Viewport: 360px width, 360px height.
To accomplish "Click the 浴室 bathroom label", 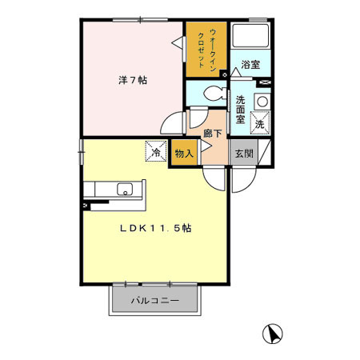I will click(x=250, y=65).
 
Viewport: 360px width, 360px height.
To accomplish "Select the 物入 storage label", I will click(x=182, y=154).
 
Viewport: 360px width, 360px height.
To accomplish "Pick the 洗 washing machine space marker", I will click(x=259, y=125).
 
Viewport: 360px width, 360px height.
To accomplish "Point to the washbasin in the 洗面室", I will click(x=260, y=102).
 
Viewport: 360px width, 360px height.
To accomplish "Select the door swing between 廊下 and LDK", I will click(x=212, y=178).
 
